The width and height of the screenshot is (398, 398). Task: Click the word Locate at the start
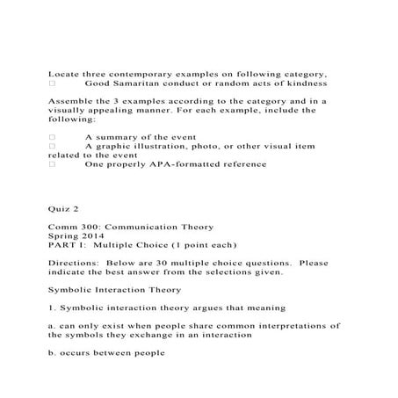(62, 73)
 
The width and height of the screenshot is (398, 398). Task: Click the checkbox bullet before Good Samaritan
(53, 84)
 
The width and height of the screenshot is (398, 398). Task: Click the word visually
(69, 112)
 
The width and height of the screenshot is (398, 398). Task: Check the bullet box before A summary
(53, 138)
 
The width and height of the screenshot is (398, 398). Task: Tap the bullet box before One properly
(53, 163)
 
